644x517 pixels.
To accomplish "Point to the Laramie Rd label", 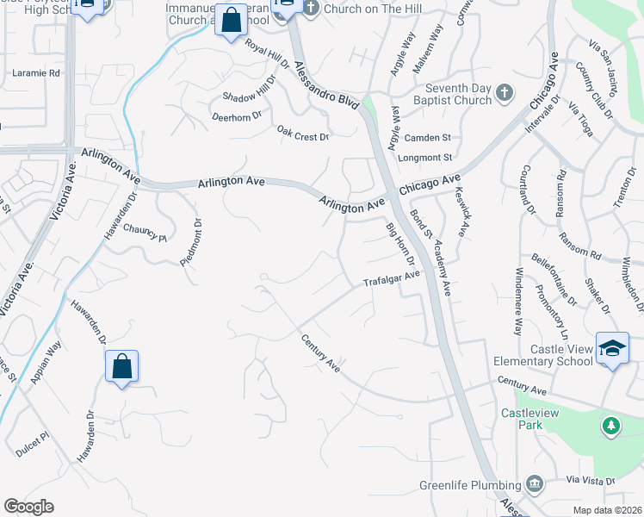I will pyautogui.click(x=36, y=73).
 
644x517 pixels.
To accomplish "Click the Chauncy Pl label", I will pyautogui.click(x=143, y=233).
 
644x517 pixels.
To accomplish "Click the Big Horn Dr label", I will pyautogui.click(x=400, y=244).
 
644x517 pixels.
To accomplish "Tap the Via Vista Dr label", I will pyautogui.click(x=591, y=481).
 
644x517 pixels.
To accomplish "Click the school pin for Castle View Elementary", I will pyautogui.click(x=611, y=349).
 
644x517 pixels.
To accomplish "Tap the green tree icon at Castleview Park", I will pyautogui.click(x=610, y=425).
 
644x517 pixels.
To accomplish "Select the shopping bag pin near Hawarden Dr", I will pyautogui.click(x=122, y=366).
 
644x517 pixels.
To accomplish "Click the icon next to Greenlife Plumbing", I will pyautogui.click(x=535, y=483).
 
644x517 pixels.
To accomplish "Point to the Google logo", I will pyautogui.click(x=28, y=507).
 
